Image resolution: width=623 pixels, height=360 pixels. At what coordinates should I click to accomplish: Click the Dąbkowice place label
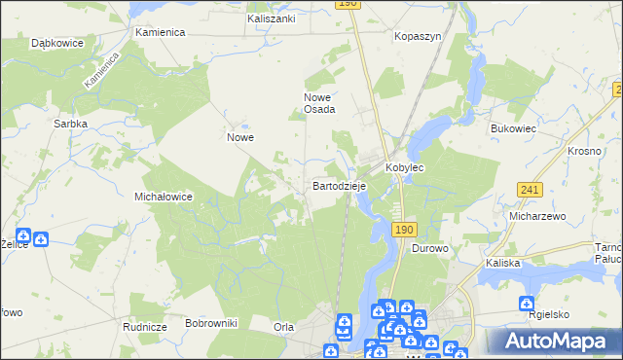56,44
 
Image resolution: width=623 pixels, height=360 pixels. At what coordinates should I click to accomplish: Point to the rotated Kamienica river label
101,71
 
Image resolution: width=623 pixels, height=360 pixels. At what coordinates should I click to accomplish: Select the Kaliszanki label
272,18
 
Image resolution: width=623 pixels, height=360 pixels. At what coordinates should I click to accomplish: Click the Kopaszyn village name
418,36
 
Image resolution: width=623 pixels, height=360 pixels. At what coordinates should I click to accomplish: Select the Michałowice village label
163,197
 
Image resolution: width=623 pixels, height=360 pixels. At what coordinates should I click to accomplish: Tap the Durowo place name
429,248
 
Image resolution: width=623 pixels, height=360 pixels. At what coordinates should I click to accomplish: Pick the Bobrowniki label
211,322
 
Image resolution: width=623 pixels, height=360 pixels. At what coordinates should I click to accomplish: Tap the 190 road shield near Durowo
405,229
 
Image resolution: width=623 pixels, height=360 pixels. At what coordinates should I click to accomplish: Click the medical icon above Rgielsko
528,303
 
